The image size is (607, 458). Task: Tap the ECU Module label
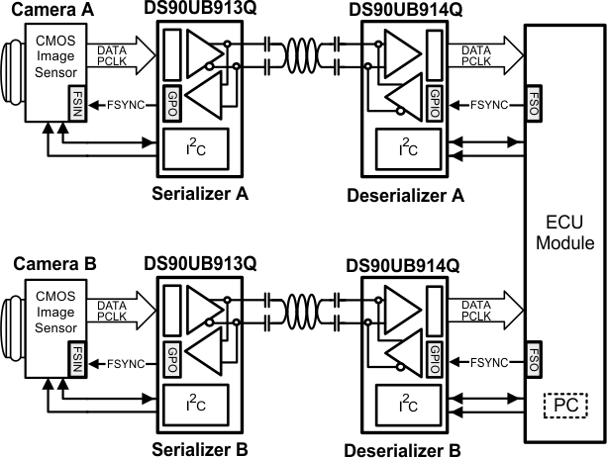[x=564, y=232]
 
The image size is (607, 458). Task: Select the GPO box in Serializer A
[x=172, y=103]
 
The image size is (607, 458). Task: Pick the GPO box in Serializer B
[x=172, y=359]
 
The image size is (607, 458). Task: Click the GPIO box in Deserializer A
[x=435, y=103]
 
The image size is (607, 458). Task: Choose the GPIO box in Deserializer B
[x=435, y=359]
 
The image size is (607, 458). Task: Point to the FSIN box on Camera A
[x=77, y=103]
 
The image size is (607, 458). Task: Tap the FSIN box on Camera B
[x=77, y=359]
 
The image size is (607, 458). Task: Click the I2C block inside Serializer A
[x=196, y=149]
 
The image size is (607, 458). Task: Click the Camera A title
[x=52, y=10]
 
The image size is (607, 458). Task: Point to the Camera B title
[x=54, y=264]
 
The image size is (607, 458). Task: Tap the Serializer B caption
[x=200, y=449]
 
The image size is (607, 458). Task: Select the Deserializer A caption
[x=405, y=195]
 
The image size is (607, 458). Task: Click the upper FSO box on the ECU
[x=533, y=103]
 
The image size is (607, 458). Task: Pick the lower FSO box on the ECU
[x=533, y=359]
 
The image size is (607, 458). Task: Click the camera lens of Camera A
[x=13, y=72]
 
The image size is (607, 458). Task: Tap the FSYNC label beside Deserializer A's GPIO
[x=489, y=105]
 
